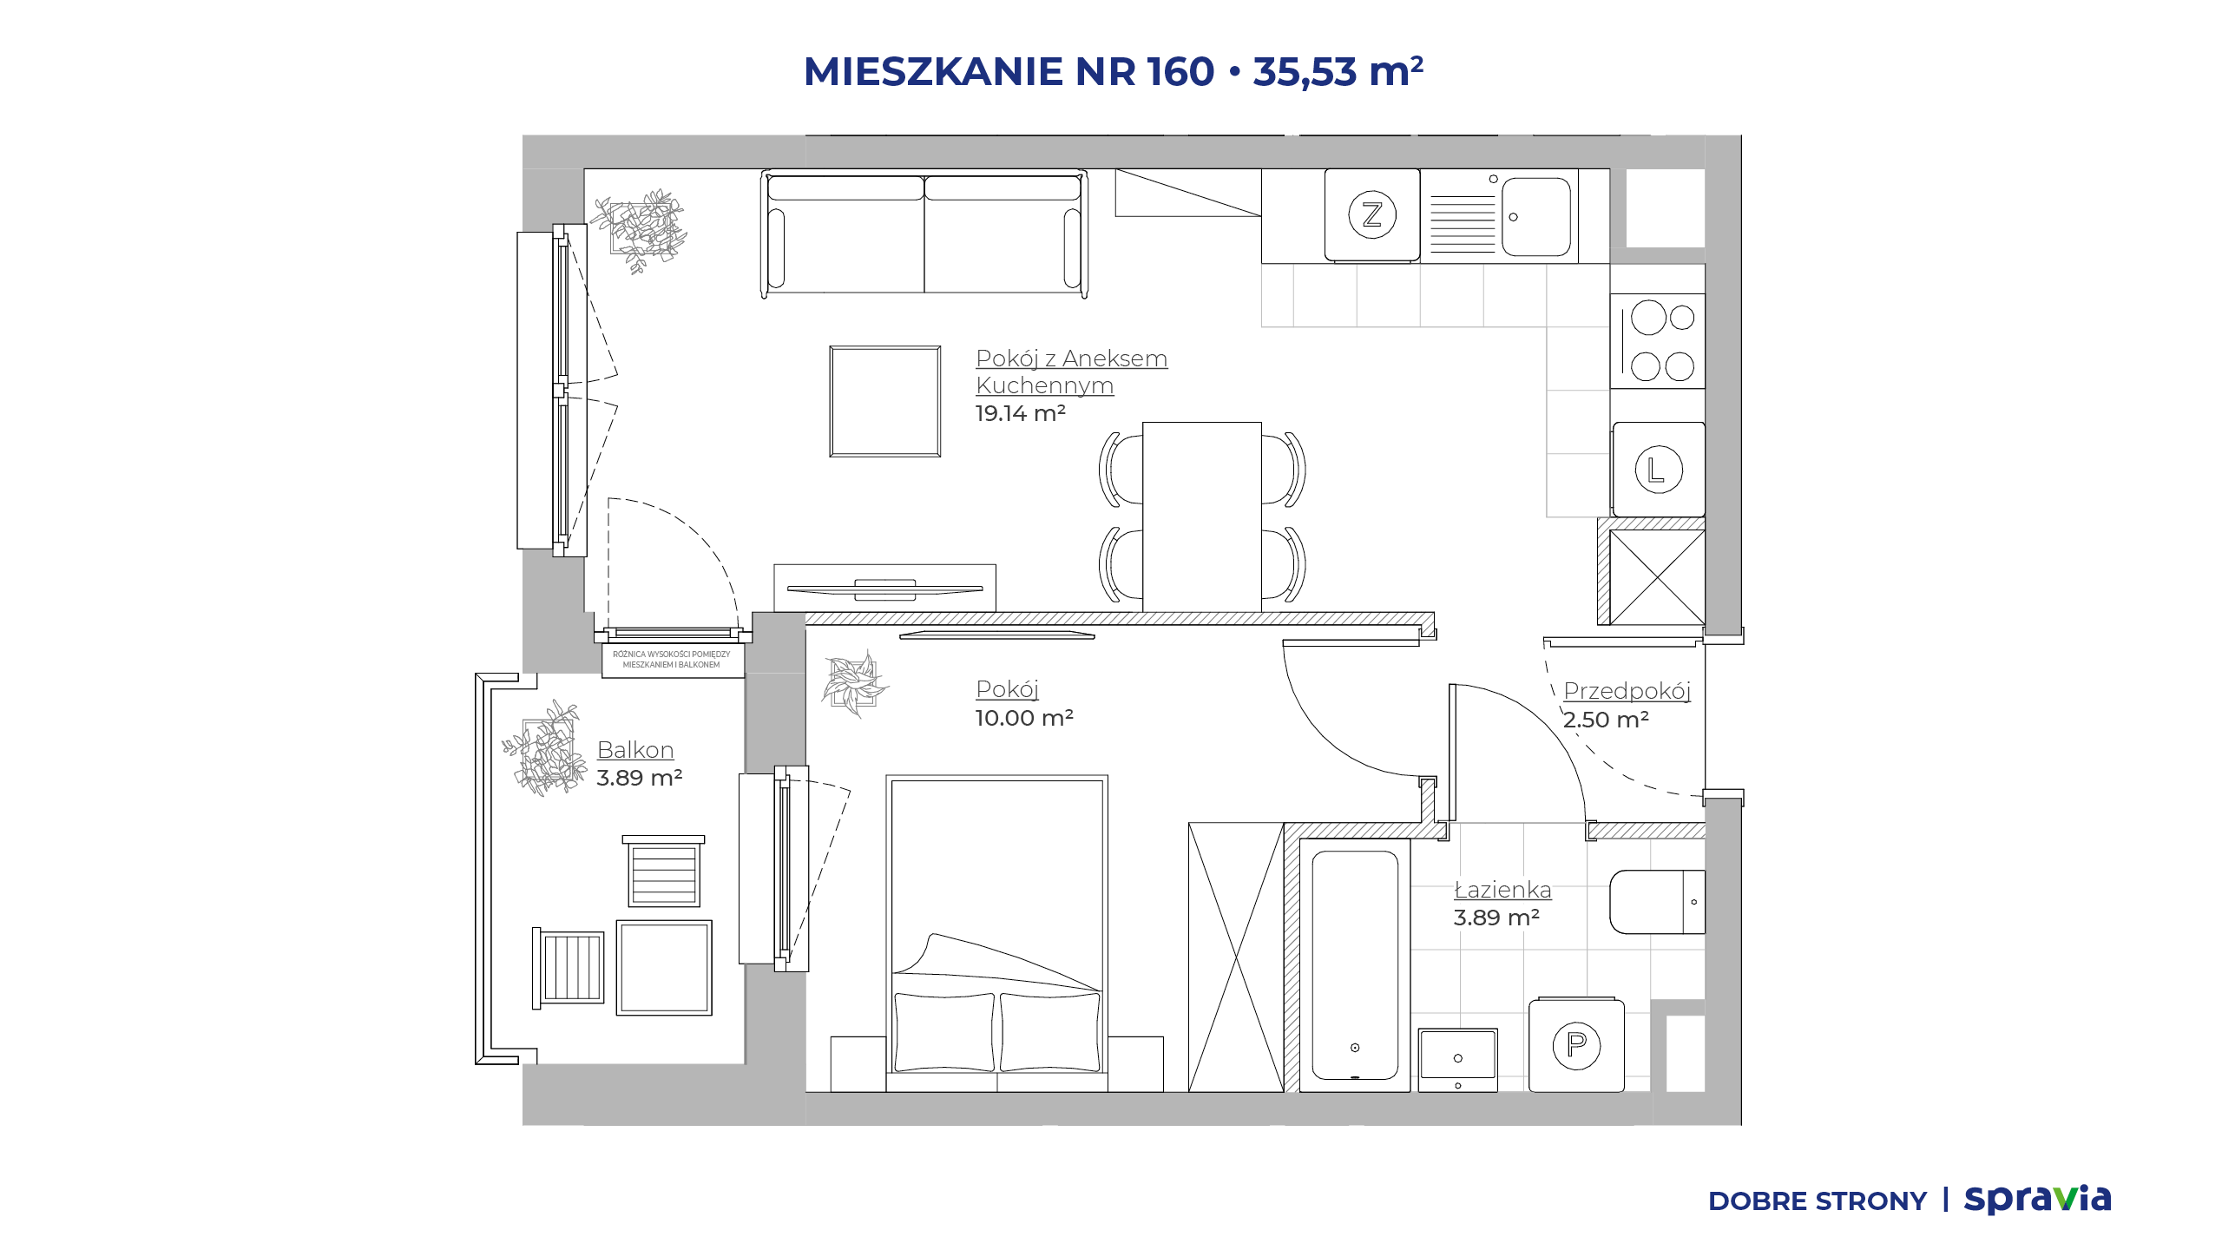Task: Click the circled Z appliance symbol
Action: (1372, 214)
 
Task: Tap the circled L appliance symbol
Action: (1659, 470)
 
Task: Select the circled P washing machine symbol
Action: (1576, 1045)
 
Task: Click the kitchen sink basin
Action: (1536, 217)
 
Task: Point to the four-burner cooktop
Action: (1658, 341)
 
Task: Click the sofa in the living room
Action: (924, 234)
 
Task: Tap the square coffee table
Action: (885, 401)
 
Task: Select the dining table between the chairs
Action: (1202, 517)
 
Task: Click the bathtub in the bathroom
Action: (1355, 965)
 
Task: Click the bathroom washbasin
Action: (1458, 1059)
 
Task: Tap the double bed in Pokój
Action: (997, 933)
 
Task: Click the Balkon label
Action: (635, 750)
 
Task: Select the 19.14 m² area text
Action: (1021, 413)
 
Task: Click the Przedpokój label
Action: (1627, 691)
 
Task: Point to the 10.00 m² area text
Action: (1025, 718)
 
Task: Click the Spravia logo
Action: (2038, 1199)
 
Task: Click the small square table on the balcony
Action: (664, 967)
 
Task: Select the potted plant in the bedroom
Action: (855, 683)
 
